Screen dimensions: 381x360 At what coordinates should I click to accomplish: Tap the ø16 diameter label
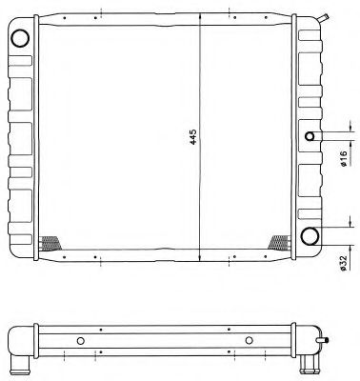(343, 158)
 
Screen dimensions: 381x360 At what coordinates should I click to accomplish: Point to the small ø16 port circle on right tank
(310, 136)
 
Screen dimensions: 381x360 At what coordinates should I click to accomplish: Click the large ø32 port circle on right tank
(310, 236)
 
